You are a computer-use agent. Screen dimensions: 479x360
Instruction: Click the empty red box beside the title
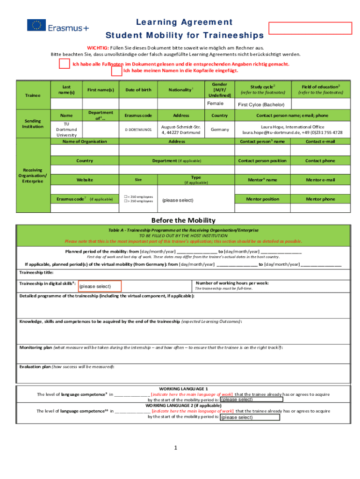(310, 28)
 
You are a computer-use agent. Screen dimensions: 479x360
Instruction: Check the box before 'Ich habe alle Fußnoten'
(65, 64)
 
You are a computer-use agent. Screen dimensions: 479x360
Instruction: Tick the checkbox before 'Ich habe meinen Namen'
(116, 71)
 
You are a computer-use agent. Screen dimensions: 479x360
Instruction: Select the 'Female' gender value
(216, 103)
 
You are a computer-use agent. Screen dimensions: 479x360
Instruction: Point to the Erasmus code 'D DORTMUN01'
(138, 129)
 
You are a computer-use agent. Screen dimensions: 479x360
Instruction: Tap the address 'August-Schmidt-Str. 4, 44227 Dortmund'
(181, 129)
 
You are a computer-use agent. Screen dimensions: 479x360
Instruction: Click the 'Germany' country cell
(219, 129)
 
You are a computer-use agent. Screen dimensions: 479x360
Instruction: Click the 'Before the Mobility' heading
(183, 220)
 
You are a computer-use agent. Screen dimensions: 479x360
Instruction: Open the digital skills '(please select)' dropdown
(100, 286)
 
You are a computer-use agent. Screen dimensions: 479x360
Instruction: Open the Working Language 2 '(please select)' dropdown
(249, 417)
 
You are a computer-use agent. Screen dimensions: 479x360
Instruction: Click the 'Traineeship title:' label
(36, 272)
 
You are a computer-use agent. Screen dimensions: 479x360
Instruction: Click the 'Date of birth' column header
(138, 89)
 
